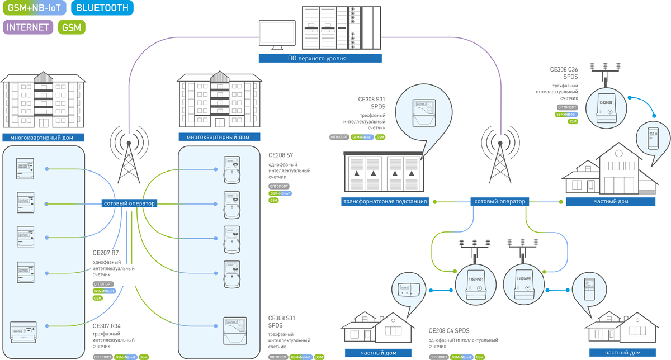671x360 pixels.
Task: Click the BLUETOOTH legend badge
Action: coord(103,8)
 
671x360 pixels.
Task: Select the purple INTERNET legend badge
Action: coord(28,27)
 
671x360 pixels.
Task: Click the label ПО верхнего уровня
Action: coord(320,58)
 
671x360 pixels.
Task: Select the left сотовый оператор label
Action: coord(129,203)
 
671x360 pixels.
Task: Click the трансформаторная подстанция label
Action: coord(385,202)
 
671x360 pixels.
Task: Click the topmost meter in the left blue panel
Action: coord(24,167)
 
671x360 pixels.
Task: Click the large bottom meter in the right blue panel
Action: coord(235,330)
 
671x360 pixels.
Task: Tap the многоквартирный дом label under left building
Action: coord(43,138)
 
